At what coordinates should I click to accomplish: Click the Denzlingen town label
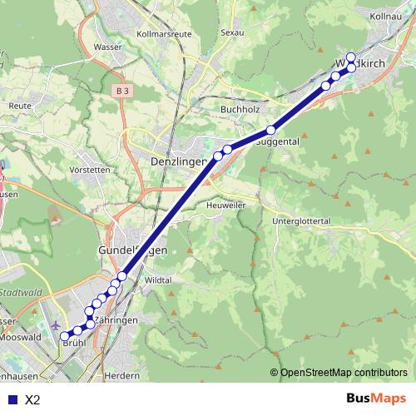click(x=178, y=161)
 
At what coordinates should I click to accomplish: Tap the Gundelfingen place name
click(x=133, y=250)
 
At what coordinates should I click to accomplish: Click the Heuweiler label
click(x=226, y=204)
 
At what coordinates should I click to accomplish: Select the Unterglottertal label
click(x=302, y=220)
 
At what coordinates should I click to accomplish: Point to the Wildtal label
click(x=157, y=280)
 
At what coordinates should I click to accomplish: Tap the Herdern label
click(x=123, y=375)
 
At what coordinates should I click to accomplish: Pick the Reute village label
click(x=19, y=106)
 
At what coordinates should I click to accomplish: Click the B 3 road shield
click(x=123, y=89)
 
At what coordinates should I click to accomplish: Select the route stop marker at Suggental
click(x=270, y=130)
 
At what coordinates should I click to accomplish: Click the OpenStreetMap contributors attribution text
click(x=343, y=373)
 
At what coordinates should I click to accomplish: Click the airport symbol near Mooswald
click(x=56, y=325)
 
